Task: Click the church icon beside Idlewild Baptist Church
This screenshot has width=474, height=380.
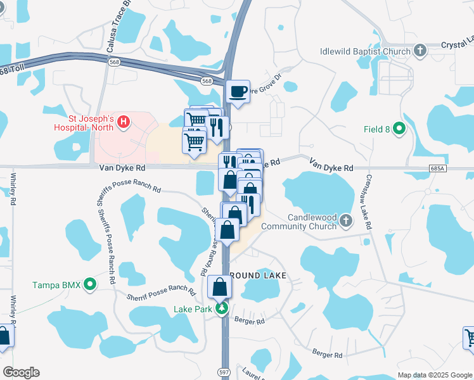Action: tap(419, 51)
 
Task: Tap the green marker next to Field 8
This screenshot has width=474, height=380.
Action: tap(399, 129)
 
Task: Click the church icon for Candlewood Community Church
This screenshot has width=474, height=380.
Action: tap(345, 221)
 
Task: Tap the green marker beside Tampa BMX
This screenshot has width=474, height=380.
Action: tap(91, 285)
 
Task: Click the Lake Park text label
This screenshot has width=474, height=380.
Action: tap(192, 310)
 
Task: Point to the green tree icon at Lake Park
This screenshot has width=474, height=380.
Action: tap(222, 309)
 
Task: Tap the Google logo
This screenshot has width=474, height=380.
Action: tap(21, 372)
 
